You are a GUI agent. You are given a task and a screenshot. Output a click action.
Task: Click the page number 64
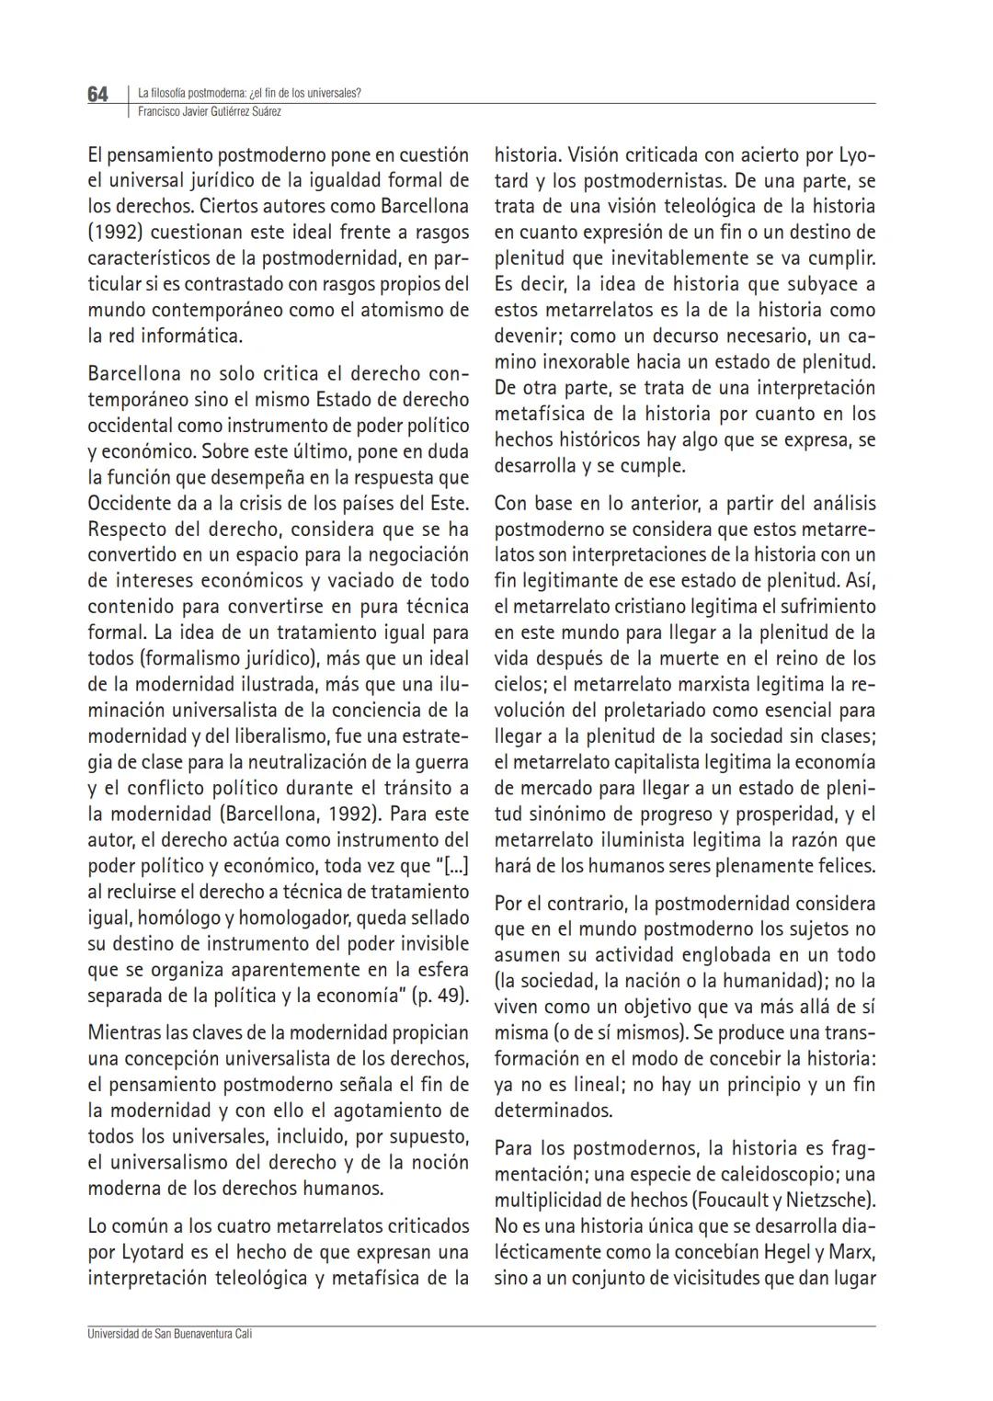97,95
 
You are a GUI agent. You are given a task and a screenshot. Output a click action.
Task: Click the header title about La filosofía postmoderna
249,93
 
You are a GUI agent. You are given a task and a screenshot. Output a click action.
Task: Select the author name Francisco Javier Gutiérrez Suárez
209,111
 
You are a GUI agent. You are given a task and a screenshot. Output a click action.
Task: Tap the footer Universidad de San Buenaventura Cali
170,1334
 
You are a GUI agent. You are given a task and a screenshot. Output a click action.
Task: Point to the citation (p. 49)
439,996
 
